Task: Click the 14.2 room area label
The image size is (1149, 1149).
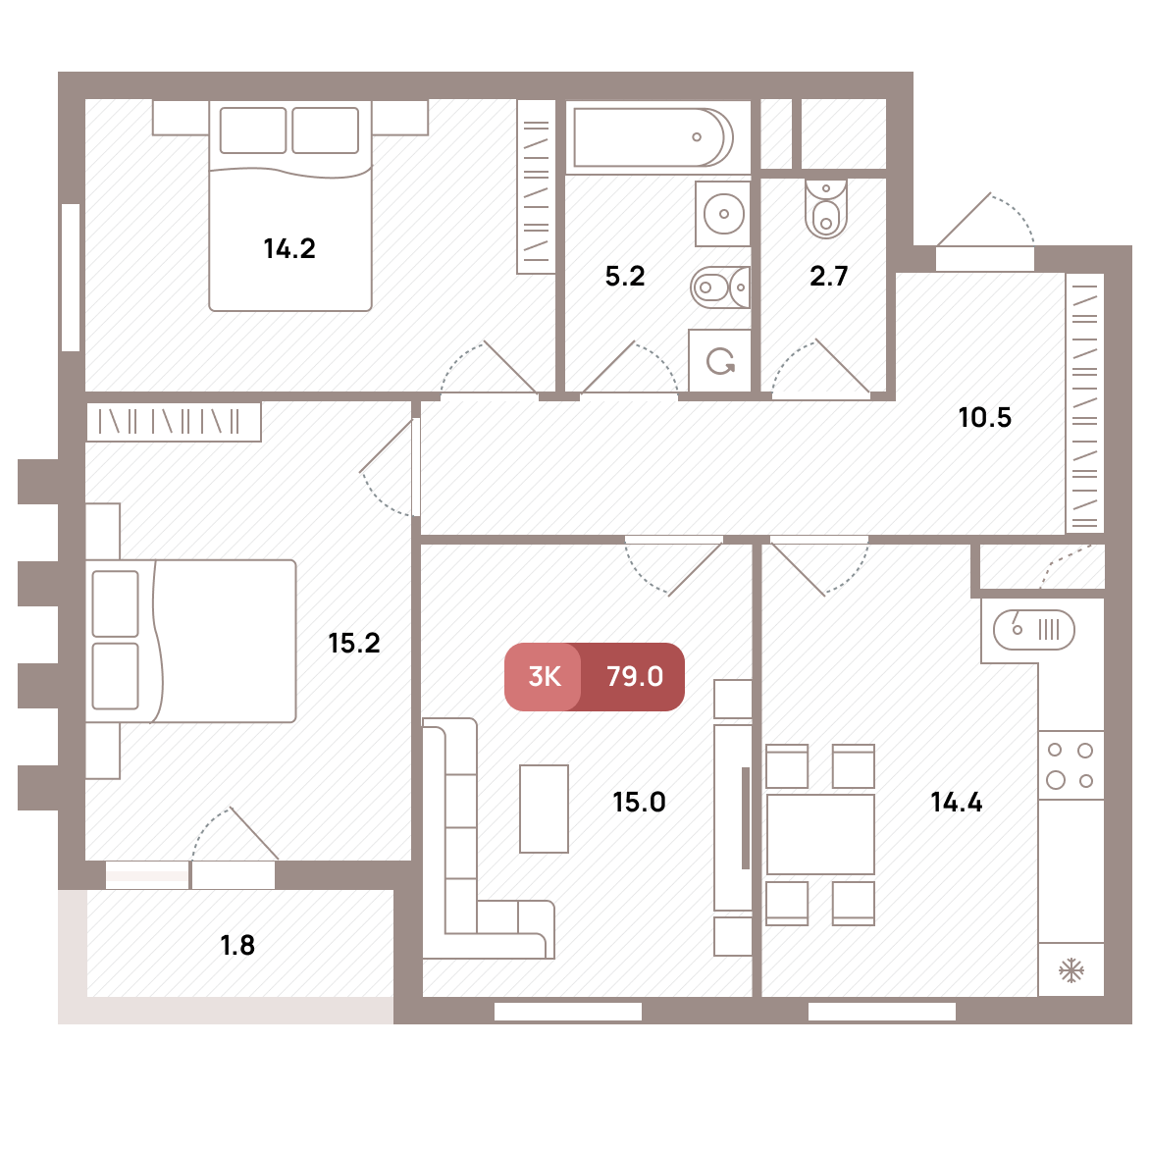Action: [289, 249]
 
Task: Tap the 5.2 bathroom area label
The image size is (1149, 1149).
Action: [625, 277]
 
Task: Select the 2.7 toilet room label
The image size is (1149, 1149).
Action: [829, 277]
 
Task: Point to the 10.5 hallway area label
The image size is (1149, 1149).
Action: [985, 418]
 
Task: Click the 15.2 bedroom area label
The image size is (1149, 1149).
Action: [354, 644]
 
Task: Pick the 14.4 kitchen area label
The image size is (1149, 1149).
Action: [957, 803]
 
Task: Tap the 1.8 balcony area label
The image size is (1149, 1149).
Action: [237, 945]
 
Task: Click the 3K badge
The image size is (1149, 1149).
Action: [544, 676]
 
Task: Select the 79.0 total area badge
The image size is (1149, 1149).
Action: [634, 676]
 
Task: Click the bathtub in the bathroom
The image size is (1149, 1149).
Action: [653, 137]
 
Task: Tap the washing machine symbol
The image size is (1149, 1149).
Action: [720, 360]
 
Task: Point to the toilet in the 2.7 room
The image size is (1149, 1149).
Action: [826, 209]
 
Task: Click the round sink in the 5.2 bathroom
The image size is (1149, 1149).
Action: [724, 214]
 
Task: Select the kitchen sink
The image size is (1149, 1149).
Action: [1034, 630]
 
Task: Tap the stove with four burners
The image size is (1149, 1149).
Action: [1071, 765]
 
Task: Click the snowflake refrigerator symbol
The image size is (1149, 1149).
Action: [1071, 970]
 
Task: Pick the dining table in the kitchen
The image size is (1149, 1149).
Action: [820, 835]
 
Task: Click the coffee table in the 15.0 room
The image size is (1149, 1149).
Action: [544, 809]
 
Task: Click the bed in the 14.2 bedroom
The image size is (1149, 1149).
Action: [290, 206]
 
